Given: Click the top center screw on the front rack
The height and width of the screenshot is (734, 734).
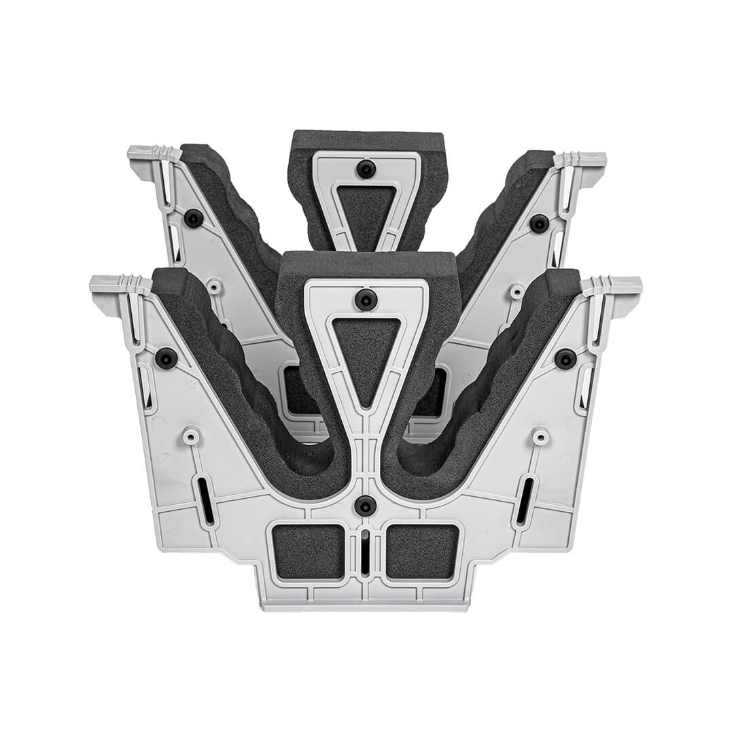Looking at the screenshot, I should point(366,299).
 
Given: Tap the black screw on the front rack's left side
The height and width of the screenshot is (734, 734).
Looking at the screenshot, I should point(167,357).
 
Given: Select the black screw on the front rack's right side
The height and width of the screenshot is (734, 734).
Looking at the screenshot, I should point(565,358).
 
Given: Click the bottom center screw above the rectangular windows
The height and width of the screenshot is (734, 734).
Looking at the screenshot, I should point(366,505).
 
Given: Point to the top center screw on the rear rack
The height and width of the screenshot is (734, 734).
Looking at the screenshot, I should point(366,169).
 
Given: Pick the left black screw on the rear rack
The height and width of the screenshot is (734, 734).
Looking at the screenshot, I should point(194,218).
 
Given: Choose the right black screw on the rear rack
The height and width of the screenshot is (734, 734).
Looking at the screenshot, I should point(540,223).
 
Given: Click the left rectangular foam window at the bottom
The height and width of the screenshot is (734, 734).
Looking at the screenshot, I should point(309,551).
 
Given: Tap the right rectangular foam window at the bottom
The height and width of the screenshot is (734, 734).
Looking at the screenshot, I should point(422,551).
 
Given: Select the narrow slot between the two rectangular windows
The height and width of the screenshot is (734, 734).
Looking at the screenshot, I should point(366,554).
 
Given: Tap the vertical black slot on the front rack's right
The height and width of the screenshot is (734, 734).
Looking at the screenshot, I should point(525,501).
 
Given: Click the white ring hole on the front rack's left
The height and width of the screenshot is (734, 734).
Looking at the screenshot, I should point(191,435).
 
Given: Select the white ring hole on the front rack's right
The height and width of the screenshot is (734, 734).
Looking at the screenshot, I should point(541,435).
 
